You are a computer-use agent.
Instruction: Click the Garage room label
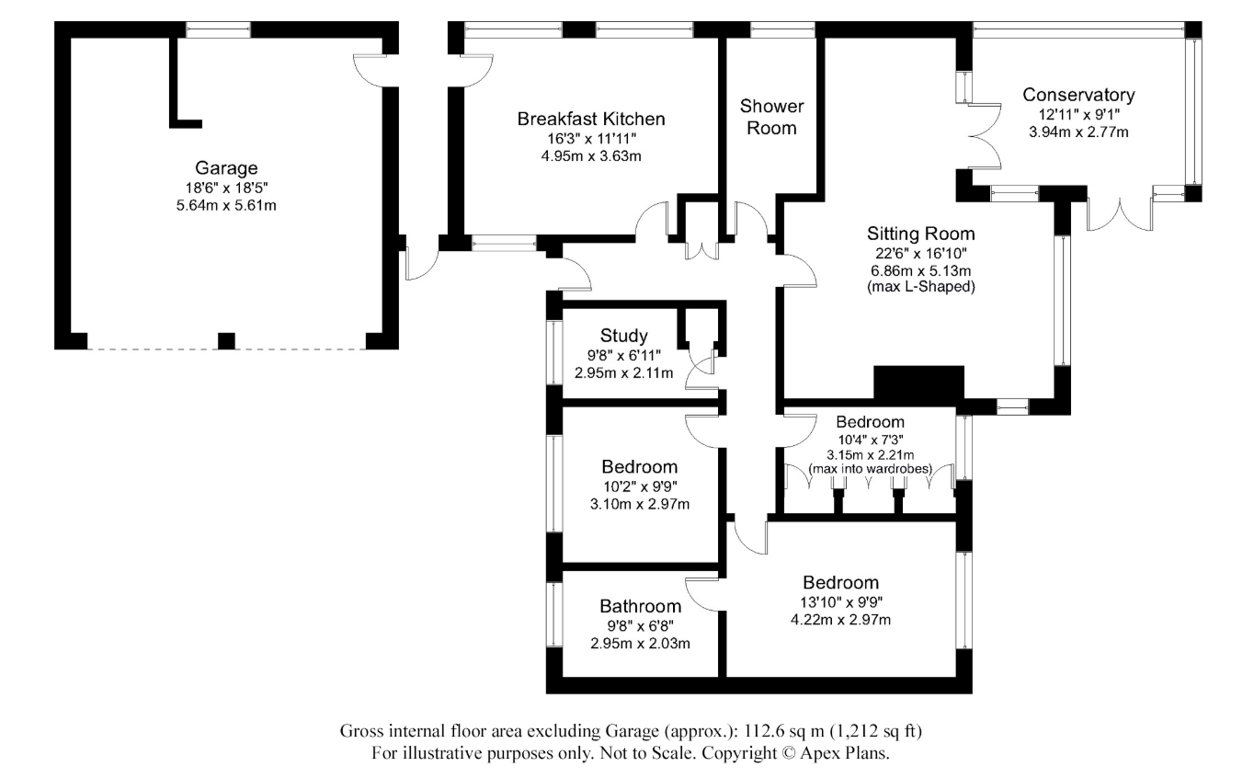click(x=226, y=168)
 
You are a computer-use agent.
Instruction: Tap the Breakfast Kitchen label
click(x=590, y=119)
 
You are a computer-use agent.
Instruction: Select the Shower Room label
click(x=771, y=117)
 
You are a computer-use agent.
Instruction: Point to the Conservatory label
click(x=1078, y=95)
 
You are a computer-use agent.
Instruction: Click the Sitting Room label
click(x=920, y=234)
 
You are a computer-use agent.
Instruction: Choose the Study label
click(x=623, y=336)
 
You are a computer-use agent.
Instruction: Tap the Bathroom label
click(x=640, y=606)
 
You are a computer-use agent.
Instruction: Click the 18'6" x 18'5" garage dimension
click(x=226, y=187)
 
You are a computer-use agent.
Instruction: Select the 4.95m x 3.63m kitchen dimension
click(x=590, y=155)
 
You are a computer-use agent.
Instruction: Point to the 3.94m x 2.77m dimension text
click(x=1078, y=132)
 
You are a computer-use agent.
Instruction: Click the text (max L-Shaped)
click(x=920, y=287)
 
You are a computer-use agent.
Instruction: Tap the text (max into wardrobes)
click(x=870, y=469)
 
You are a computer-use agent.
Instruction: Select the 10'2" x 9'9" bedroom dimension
click(x=639, y=486)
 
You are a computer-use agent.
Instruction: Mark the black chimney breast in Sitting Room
click(x=918, y=381)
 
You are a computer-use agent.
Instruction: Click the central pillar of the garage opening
click(x=226, y=341)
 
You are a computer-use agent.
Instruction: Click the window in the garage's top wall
click(x=218, y=29)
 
